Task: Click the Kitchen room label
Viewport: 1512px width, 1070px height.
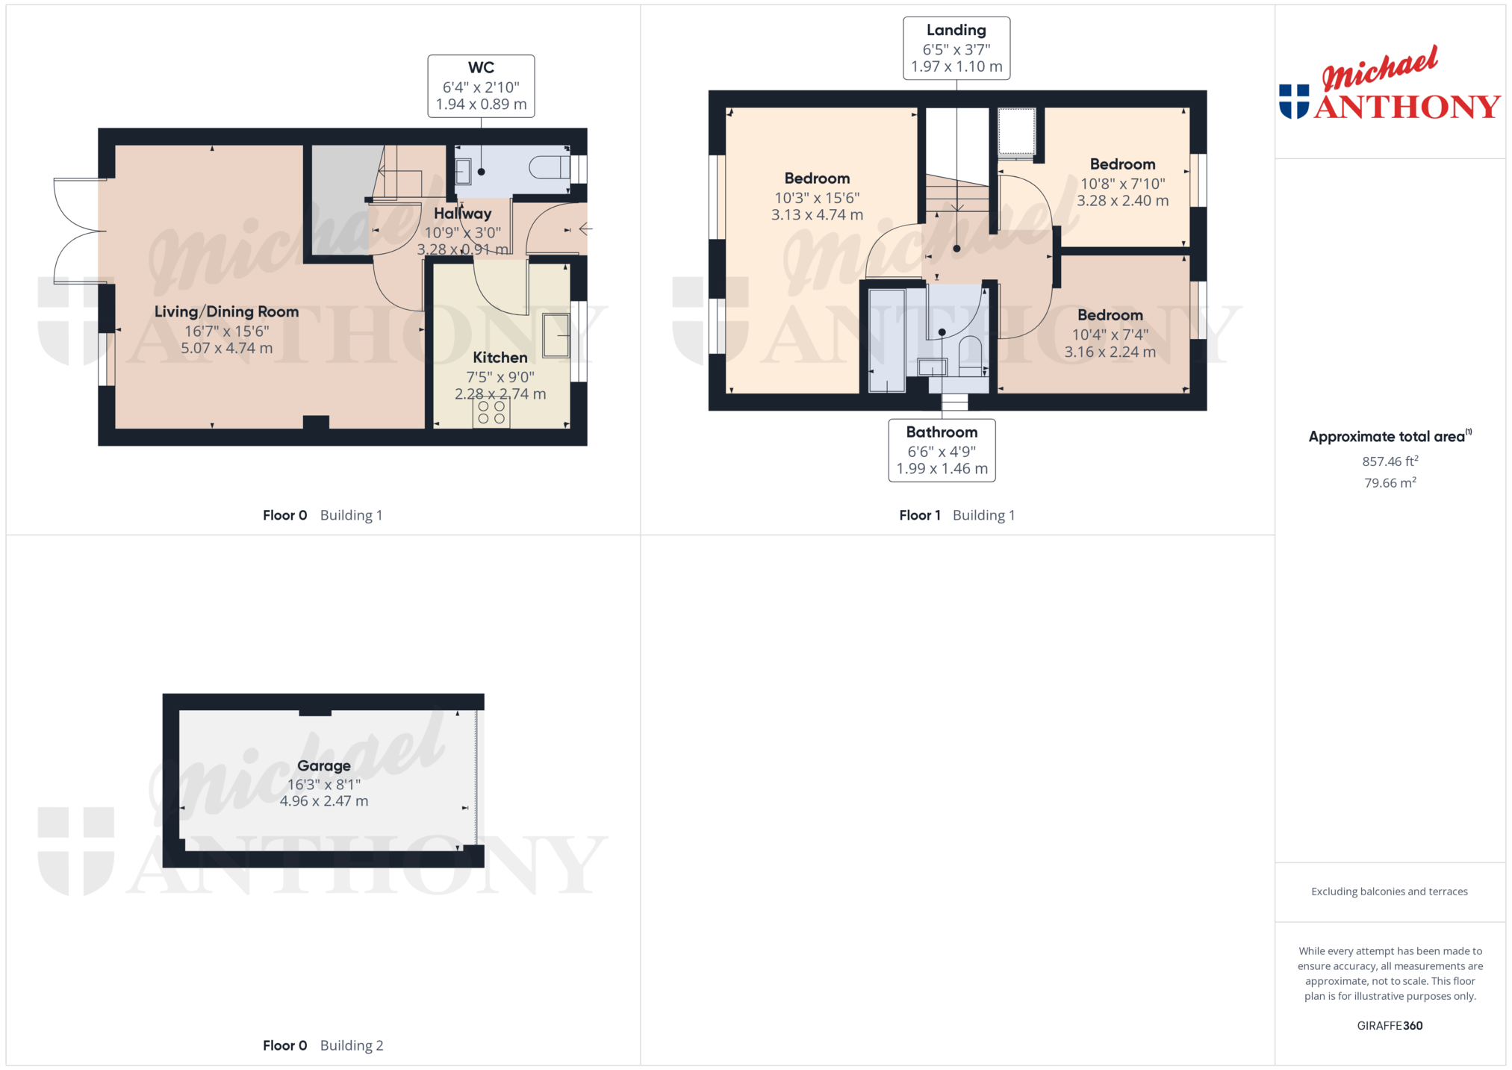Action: pyautogui.click(x=500, y=358)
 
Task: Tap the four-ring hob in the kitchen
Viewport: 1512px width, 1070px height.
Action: pyautogui.click(x=491, y=413)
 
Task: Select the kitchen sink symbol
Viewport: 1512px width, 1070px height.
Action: pyautogui.click(x=556, y=335)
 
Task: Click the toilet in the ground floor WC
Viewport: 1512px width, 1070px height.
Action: pyautogui.click(x=550, y=167)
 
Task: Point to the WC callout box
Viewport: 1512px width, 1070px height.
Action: pyautogui.click(x=481, y=86)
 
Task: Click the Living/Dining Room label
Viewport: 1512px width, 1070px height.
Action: pyautogui.click(x=227, y=311)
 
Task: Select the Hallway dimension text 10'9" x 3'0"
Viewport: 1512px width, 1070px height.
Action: pyautogui.click(x=463, y=232)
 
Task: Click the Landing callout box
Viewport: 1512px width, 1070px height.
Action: pyautogui.click(x=956, y=49)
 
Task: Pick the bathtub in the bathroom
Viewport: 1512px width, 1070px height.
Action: pyautogui.click(x=887, y=340)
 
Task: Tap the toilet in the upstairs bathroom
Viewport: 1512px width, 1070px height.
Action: pyautogui.click(x=971, y=356)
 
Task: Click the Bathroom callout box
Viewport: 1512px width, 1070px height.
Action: pyautogui.click(x=942, y=450)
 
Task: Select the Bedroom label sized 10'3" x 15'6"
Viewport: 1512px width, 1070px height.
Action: pyautogui.click(x=817, y=178)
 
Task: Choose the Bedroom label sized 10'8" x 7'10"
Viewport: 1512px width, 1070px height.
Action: pyautogui.click(x=1122, y=164)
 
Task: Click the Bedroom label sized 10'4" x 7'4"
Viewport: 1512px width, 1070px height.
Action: pyautogui.click(x=1110, y=315)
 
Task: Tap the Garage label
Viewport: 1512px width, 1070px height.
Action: pyautogui.click(x=324, y=765)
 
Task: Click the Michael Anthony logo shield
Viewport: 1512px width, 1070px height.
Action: pyautogui.click(x=1294, y=102)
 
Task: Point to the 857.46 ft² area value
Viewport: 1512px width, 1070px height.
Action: pyautogui.click(x=1390, y=461)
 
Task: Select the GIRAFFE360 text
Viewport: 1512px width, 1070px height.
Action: pyautogui.click(x=1390, y=1025)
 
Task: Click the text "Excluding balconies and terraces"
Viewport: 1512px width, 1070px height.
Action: pyautogui.click(x=1390, y=891)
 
